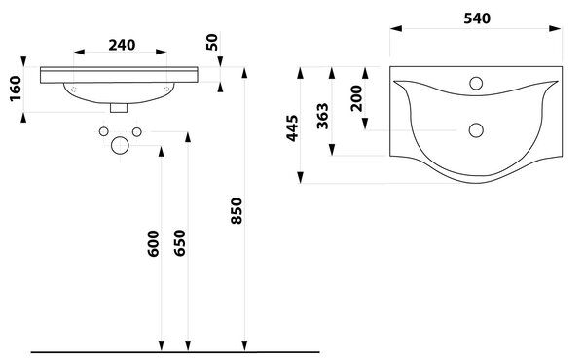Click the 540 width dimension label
point(477,18)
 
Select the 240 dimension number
point(122,45)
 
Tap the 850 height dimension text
point(237,211)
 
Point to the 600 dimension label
point(153,243)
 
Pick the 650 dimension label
point(179,243)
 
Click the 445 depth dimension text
point(292,128)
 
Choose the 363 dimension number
point(322,116)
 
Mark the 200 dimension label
point(356,98)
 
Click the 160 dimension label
point(16,89)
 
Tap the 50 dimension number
point(211,42)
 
